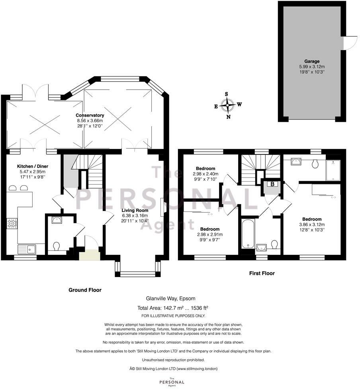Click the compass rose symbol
tap(228, 106)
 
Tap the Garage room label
tap(312, 61)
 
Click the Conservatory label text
tap(90, 115)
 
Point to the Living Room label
tap(135, 210)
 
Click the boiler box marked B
tap(272, 184)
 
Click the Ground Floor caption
tap(84, 290)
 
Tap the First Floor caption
tap(262, 273)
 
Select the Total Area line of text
tap(172, 308)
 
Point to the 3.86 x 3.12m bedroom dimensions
tap(312, 225)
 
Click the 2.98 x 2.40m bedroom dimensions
tap(206, 174)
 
